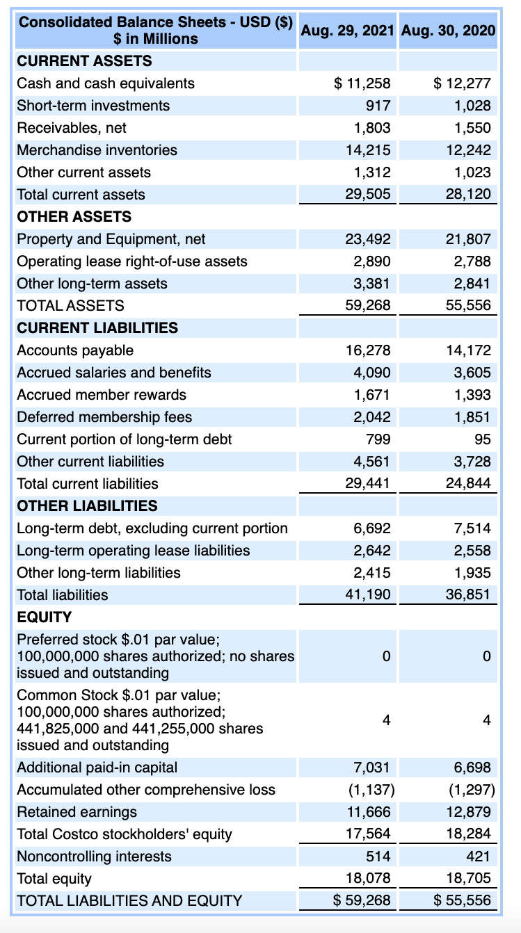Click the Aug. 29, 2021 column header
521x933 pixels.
[348, 31]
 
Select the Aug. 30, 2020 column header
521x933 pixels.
[449, 31]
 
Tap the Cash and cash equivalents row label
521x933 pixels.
[106, 83]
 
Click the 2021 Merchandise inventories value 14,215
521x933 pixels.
[369, 150]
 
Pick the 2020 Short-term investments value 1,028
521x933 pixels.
[472, 106]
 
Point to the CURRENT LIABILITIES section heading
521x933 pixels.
[97, 328]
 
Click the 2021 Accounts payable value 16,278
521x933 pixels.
[369, 350]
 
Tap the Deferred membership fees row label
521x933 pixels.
[104, 417]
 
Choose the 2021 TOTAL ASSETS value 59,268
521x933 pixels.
[369, 305]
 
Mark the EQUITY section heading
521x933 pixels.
[44, 617]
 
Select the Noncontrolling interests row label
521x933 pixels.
[94, 857]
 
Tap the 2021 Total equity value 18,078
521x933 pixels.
[369, 879]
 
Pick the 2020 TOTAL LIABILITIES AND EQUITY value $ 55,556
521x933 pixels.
[463, 901]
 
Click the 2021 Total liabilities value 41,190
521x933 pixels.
[369, 595]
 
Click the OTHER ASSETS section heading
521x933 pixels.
[74, 217]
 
